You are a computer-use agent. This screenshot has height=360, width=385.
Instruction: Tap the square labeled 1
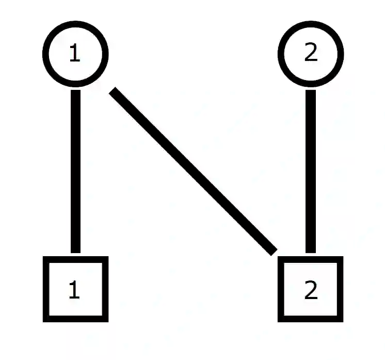pyautogui.click(x=75, y=289)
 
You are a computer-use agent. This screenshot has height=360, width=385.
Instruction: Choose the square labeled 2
pyautogui.click(x=311, y=289)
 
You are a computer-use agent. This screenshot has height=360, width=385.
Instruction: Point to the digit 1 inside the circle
pyautogui.click(x=75, y=54)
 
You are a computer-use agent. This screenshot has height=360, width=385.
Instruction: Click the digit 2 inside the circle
pyautogui.click(x=311, y=54)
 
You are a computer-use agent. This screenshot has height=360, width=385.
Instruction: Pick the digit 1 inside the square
pyautogui.click(x=75, y=291)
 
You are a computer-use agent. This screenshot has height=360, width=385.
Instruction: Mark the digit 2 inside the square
pyautogui.click(x=311, y=291)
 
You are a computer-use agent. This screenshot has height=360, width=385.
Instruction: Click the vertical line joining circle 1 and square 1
pyautogui.click(x=75, y=170)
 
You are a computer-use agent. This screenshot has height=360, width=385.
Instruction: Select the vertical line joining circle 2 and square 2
pyautogui.click(x=311, y=170)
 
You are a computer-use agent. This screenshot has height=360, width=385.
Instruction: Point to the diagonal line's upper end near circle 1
pyautogui.click(x=114, y=92)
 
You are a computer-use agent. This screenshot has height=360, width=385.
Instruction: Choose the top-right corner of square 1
pyautogui.click(x=106, y=258)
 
